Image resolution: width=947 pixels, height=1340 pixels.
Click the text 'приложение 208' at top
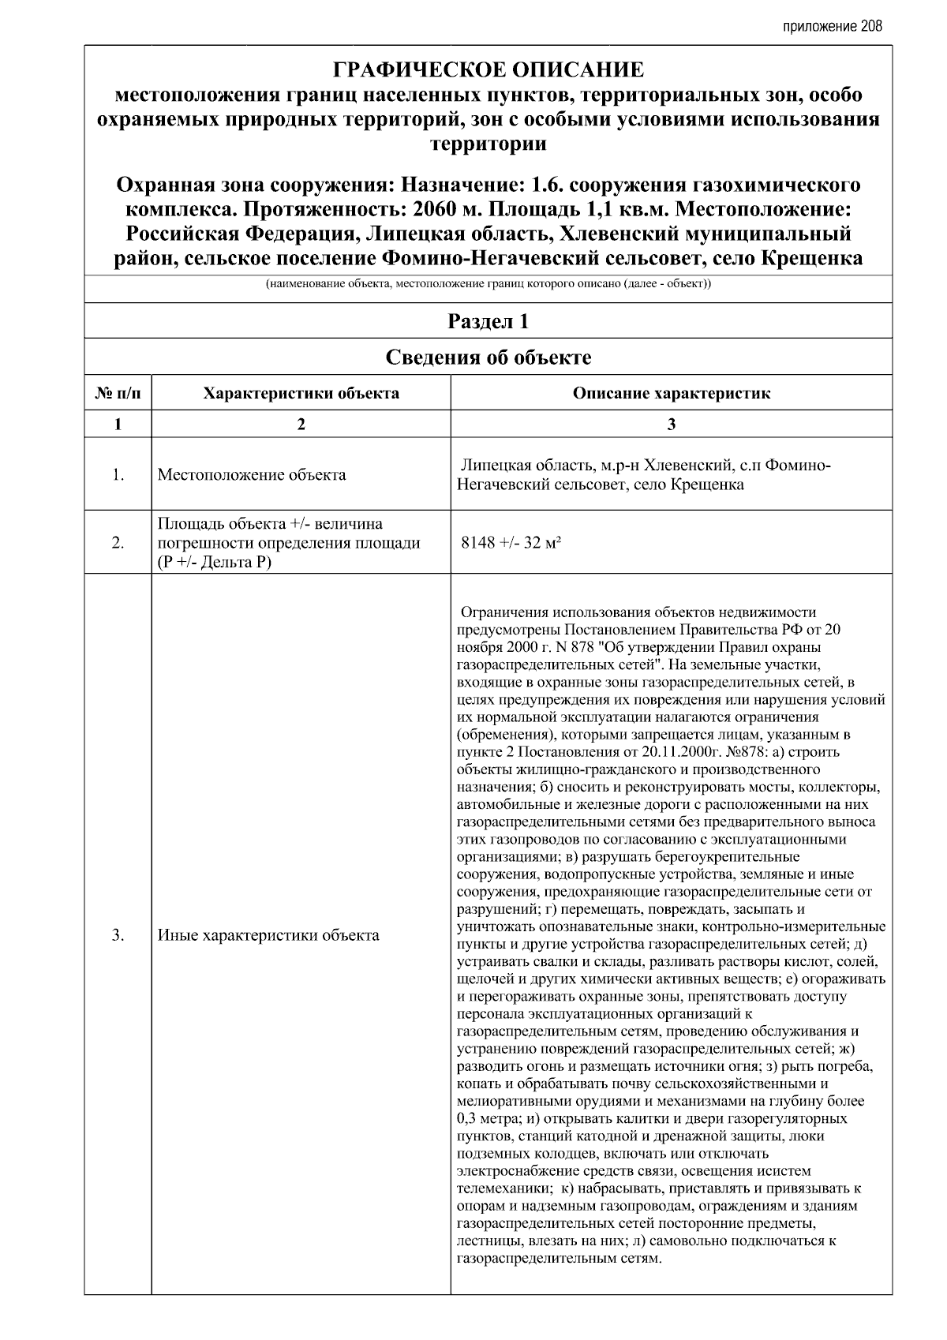pos(832,26)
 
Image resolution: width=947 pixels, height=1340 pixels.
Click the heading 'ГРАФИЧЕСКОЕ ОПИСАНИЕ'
pos(488,71)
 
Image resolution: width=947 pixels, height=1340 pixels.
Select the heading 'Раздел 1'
pos(488,322)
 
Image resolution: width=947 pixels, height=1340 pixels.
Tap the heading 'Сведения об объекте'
pos(488,357)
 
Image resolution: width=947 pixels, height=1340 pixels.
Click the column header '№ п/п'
pos(118,393)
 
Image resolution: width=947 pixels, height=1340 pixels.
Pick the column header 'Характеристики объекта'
pos(301,393)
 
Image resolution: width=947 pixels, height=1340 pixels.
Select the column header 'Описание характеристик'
pos(671,393)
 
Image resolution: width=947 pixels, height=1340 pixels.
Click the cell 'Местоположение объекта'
pos(252,474)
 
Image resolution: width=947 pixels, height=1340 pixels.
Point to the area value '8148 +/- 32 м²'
pos(511,543)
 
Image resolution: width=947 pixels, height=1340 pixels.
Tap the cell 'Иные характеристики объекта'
pos(268,935)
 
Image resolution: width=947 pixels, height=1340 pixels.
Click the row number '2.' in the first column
pos(118,543)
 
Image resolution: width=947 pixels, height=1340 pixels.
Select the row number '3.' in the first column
pos(118,935)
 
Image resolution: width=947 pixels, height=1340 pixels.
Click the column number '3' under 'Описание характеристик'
pos(671,425)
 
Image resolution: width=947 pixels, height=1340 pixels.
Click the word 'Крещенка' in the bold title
pos(812,259)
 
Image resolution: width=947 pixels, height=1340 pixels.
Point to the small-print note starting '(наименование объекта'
pos(488,284)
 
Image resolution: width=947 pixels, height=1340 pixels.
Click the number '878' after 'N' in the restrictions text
pos(581,647)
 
